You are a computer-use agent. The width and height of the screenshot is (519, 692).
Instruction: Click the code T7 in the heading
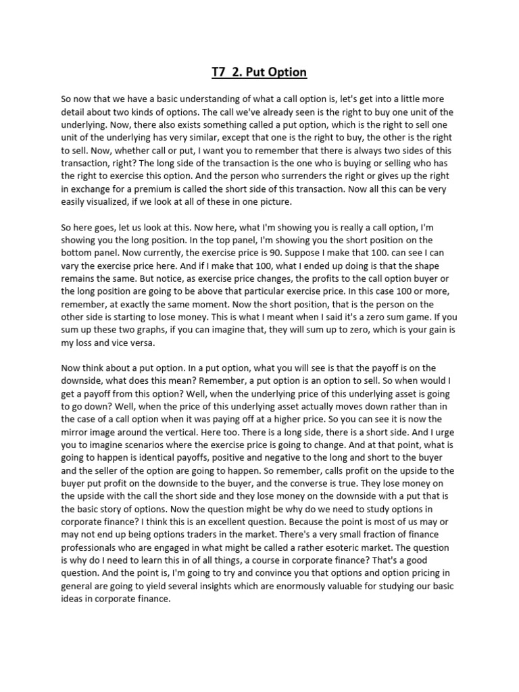coord(219,72)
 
